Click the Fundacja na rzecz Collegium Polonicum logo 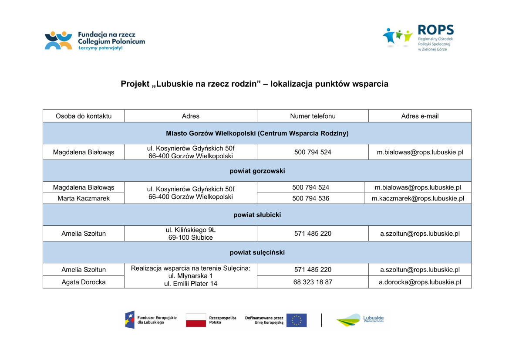pyautogui.click(x=94, y=41)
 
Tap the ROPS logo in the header pyautogui.click(x=418, y=38)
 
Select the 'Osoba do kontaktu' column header pyautogui.click(x=84, y=116)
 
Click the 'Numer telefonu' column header pyautogui.click(x=313, y=116)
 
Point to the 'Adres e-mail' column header pyautogui.click(x=420, y=116)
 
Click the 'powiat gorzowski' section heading pyautogui.click(x=257, y=171)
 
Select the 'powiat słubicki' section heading pyautogui.click(x=257, y=215)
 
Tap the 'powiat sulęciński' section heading pyautogui.click(x=257, y=252)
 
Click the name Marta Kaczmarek pyautogui.click(x=84, y=198)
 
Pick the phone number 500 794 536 pyautogui.click(x=310, y=198)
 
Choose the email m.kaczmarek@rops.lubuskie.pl pyautogui.click(x=418, y=198)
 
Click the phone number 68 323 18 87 pyautogui.click(x=313, y=282)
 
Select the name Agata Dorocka pyautogui.click(x=84, y=282)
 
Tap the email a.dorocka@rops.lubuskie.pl pyautogui.click(x=420, y=282)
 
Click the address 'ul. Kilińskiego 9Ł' pyautogui.click(x=191, y=229)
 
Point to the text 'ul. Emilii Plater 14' pyautogui.click(x=191, y=284)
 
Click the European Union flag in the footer pyautogui.click(x=297, y=320)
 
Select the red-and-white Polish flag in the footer pyautogui.click(x=196, y=320)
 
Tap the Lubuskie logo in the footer pyautogui.click(x=360, y=320)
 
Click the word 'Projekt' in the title pyautogui.click(x=135, y=84)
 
